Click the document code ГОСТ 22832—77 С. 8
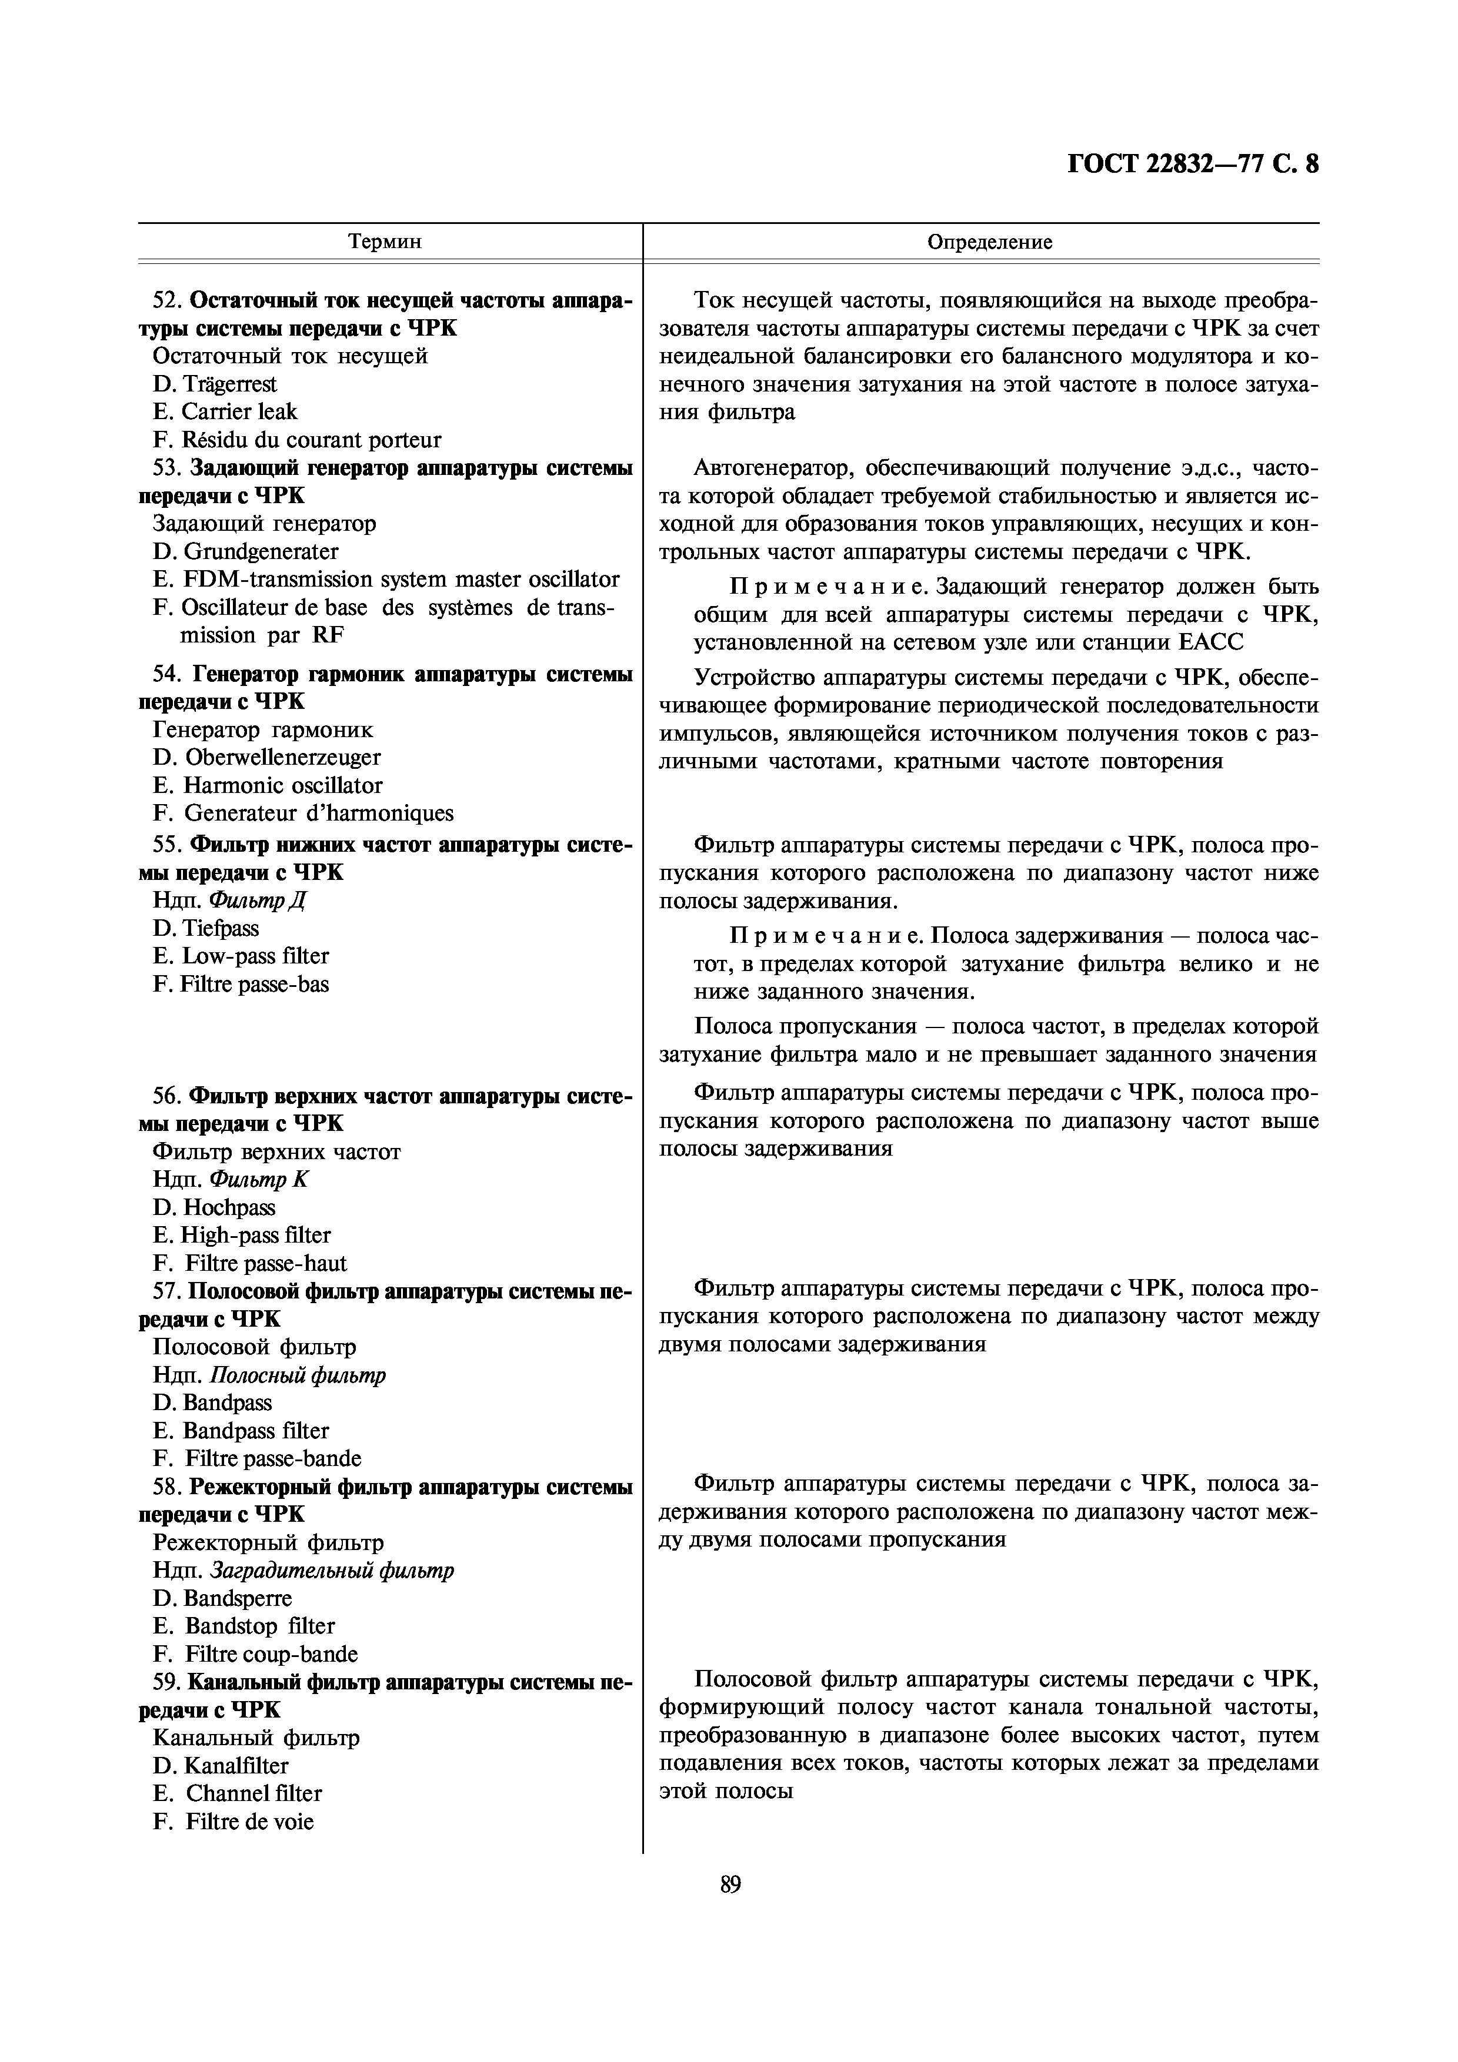[1193, 165]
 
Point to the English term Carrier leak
[239, 412]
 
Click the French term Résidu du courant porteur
[311, 440]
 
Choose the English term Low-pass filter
[256, 956]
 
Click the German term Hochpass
[229, 1208]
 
